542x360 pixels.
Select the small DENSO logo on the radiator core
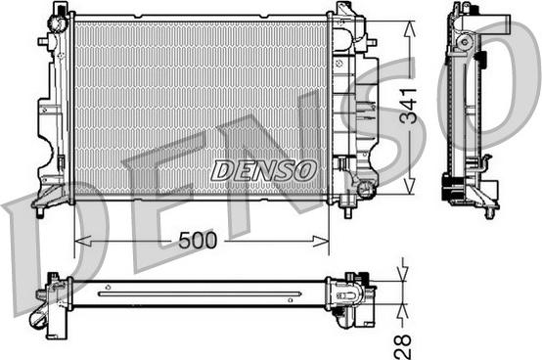[x=263, y=169]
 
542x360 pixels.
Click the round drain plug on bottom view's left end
[x=40, y=320]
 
